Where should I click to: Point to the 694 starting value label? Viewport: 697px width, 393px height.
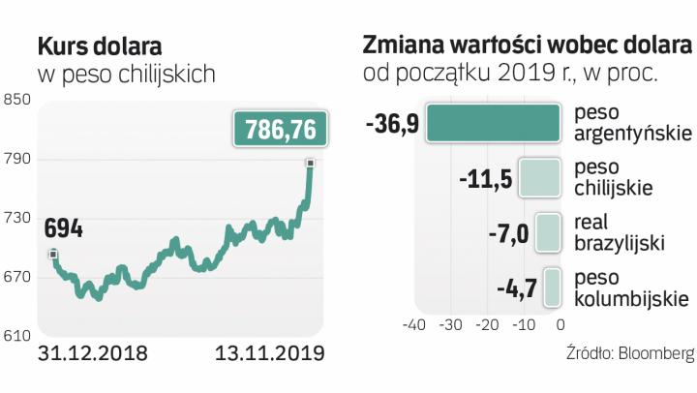click(63, 230)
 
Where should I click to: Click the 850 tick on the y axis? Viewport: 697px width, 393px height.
click(17, 101)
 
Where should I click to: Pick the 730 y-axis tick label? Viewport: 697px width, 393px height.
click(17, 219)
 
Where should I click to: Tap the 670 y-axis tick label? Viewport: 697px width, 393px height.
click(17, 278)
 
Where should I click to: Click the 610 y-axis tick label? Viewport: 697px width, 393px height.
click(17, 337)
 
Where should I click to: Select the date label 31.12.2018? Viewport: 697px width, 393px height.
click(92, 353)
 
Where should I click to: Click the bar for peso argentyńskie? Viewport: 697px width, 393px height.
click(494, 124)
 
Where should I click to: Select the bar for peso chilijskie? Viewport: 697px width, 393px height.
click(540, 178)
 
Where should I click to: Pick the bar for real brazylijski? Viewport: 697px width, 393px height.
click(549, 232)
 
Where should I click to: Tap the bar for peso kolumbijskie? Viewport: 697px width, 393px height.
click(553, 287)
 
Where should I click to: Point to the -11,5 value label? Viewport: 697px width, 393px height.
click(485, 179)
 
